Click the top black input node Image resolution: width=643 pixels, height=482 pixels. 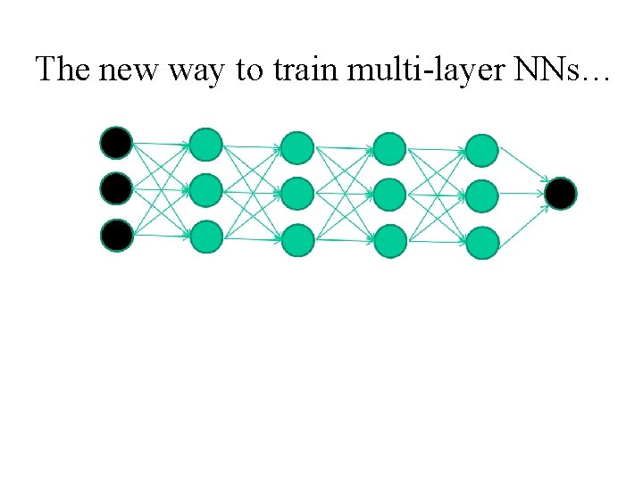point(116,142)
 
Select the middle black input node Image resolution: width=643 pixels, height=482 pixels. point(116,188)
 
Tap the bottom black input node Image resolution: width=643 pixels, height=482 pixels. point(116,235)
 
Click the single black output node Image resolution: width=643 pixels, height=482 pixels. point(561,193)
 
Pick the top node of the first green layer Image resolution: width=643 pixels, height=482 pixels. point(206,143)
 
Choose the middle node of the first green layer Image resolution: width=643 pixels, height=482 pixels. point(206,189)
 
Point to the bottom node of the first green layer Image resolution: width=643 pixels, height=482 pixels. point(206,237)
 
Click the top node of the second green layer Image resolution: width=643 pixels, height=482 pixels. point(297,146)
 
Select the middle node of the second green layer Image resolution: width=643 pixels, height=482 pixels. point(297,193)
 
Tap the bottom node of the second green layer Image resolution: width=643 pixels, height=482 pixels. point(297,239)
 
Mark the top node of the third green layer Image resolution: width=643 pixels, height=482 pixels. point(389,148)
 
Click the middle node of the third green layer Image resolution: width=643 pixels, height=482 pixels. point(389,194)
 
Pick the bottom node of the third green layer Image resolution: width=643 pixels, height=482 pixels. point(389,241)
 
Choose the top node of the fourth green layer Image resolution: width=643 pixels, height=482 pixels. point(482,149)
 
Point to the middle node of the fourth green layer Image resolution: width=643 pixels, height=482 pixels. point(482,195)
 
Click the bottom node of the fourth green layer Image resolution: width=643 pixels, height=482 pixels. point(482,243)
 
